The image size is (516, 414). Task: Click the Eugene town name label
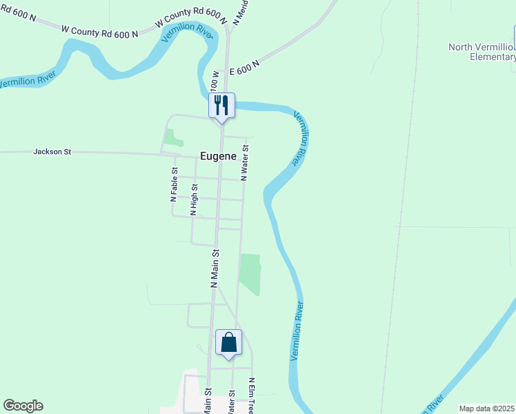pyautogui.click(x=218, y=157)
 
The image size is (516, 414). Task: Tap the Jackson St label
pyautogui.click(x=52, y=151)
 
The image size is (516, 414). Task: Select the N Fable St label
pyautogui.click(x=175, y=184)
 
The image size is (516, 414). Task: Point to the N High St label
pyautogui.click(x=195, y=200)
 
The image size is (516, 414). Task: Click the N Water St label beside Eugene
pyautogui.click(x=244, y=163)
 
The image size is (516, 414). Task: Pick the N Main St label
pyautogui.click(x=215, y=268)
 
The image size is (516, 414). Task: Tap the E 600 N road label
pyautogui.click(x=244, y=67)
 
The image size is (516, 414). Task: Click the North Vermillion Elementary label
pyautogui.click(x=482, y=52)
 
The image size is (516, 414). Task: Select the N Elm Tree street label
pyautogui.click(x=252, y=395)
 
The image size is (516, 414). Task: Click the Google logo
pyautogui.click(x=23, y=406)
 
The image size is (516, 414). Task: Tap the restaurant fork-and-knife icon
pyautogui.click(x=221, y=106)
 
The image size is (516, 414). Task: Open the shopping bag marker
pyautogui.click(x=228, y=342)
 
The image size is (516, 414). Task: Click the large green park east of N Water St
pyautogui.click(x=250, y=273)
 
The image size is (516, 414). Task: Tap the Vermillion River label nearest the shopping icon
pyautogui.click(x=297, y=331)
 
